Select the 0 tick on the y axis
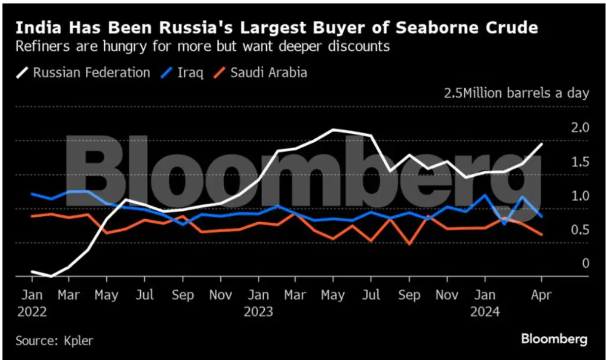pos(586,264)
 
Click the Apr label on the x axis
pos(541,295)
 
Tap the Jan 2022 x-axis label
pos(32,303)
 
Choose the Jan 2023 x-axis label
pos(258,303)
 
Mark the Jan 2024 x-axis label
pos(485,303)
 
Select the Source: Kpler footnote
pos(54,340)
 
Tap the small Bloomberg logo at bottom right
pos(555,339)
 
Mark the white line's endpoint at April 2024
pos(542,144)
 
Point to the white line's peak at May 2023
pos(333,129)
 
